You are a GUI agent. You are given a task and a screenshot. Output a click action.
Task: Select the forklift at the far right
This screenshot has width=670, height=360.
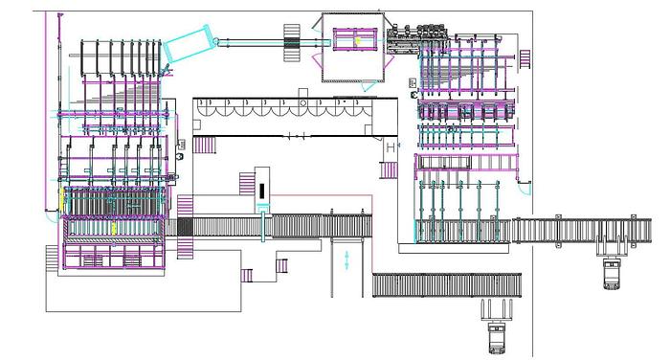click(x=613, y=272)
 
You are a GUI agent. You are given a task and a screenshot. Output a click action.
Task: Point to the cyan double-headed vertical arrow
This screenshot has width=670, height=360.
click(x=346, y=259)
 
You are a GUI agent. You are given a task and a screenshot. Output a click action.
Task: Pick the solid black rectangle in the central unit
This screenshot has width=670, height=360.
click(x=260, y=191)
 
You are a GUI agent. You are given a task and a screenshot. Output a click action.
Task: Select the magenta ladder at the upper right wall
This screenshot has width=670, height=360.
click(x=524, y=58)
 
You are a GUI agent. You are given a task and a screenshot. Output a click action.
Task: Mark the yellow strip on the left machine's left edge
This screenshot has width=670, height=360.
click(x=63, y=202)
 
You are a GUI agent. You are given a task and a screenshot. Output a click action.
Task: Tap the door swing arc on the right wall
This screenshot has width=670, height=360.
click(x=525, y=187)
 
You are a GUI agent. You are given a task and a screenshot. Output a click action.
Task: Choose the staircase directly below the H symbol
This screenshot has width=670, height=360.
click(x=388, y=170)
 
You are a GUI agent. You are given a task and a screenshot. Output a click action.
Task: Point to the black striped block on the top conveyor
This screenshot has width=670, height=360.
click(x=293, y=40)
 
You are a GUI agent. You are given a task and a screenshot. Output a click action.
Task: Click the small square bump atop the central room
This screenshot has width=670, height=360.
click(x=302, y=93)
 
